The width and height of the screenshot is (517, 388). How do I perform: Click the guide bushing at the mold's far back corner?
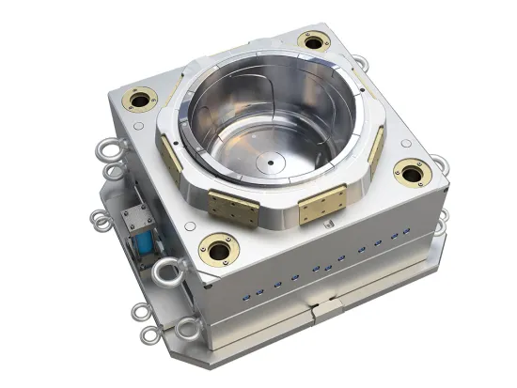click(311, 40)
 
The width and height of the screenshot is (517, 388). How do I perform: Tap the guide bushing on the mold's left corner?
click(143, 100)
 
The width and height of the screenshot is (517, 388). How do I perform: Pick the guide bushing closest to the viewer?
click(220, 249)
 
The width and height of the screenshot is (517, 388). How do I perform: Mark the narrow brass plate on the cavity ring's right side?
click(376, 148)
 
